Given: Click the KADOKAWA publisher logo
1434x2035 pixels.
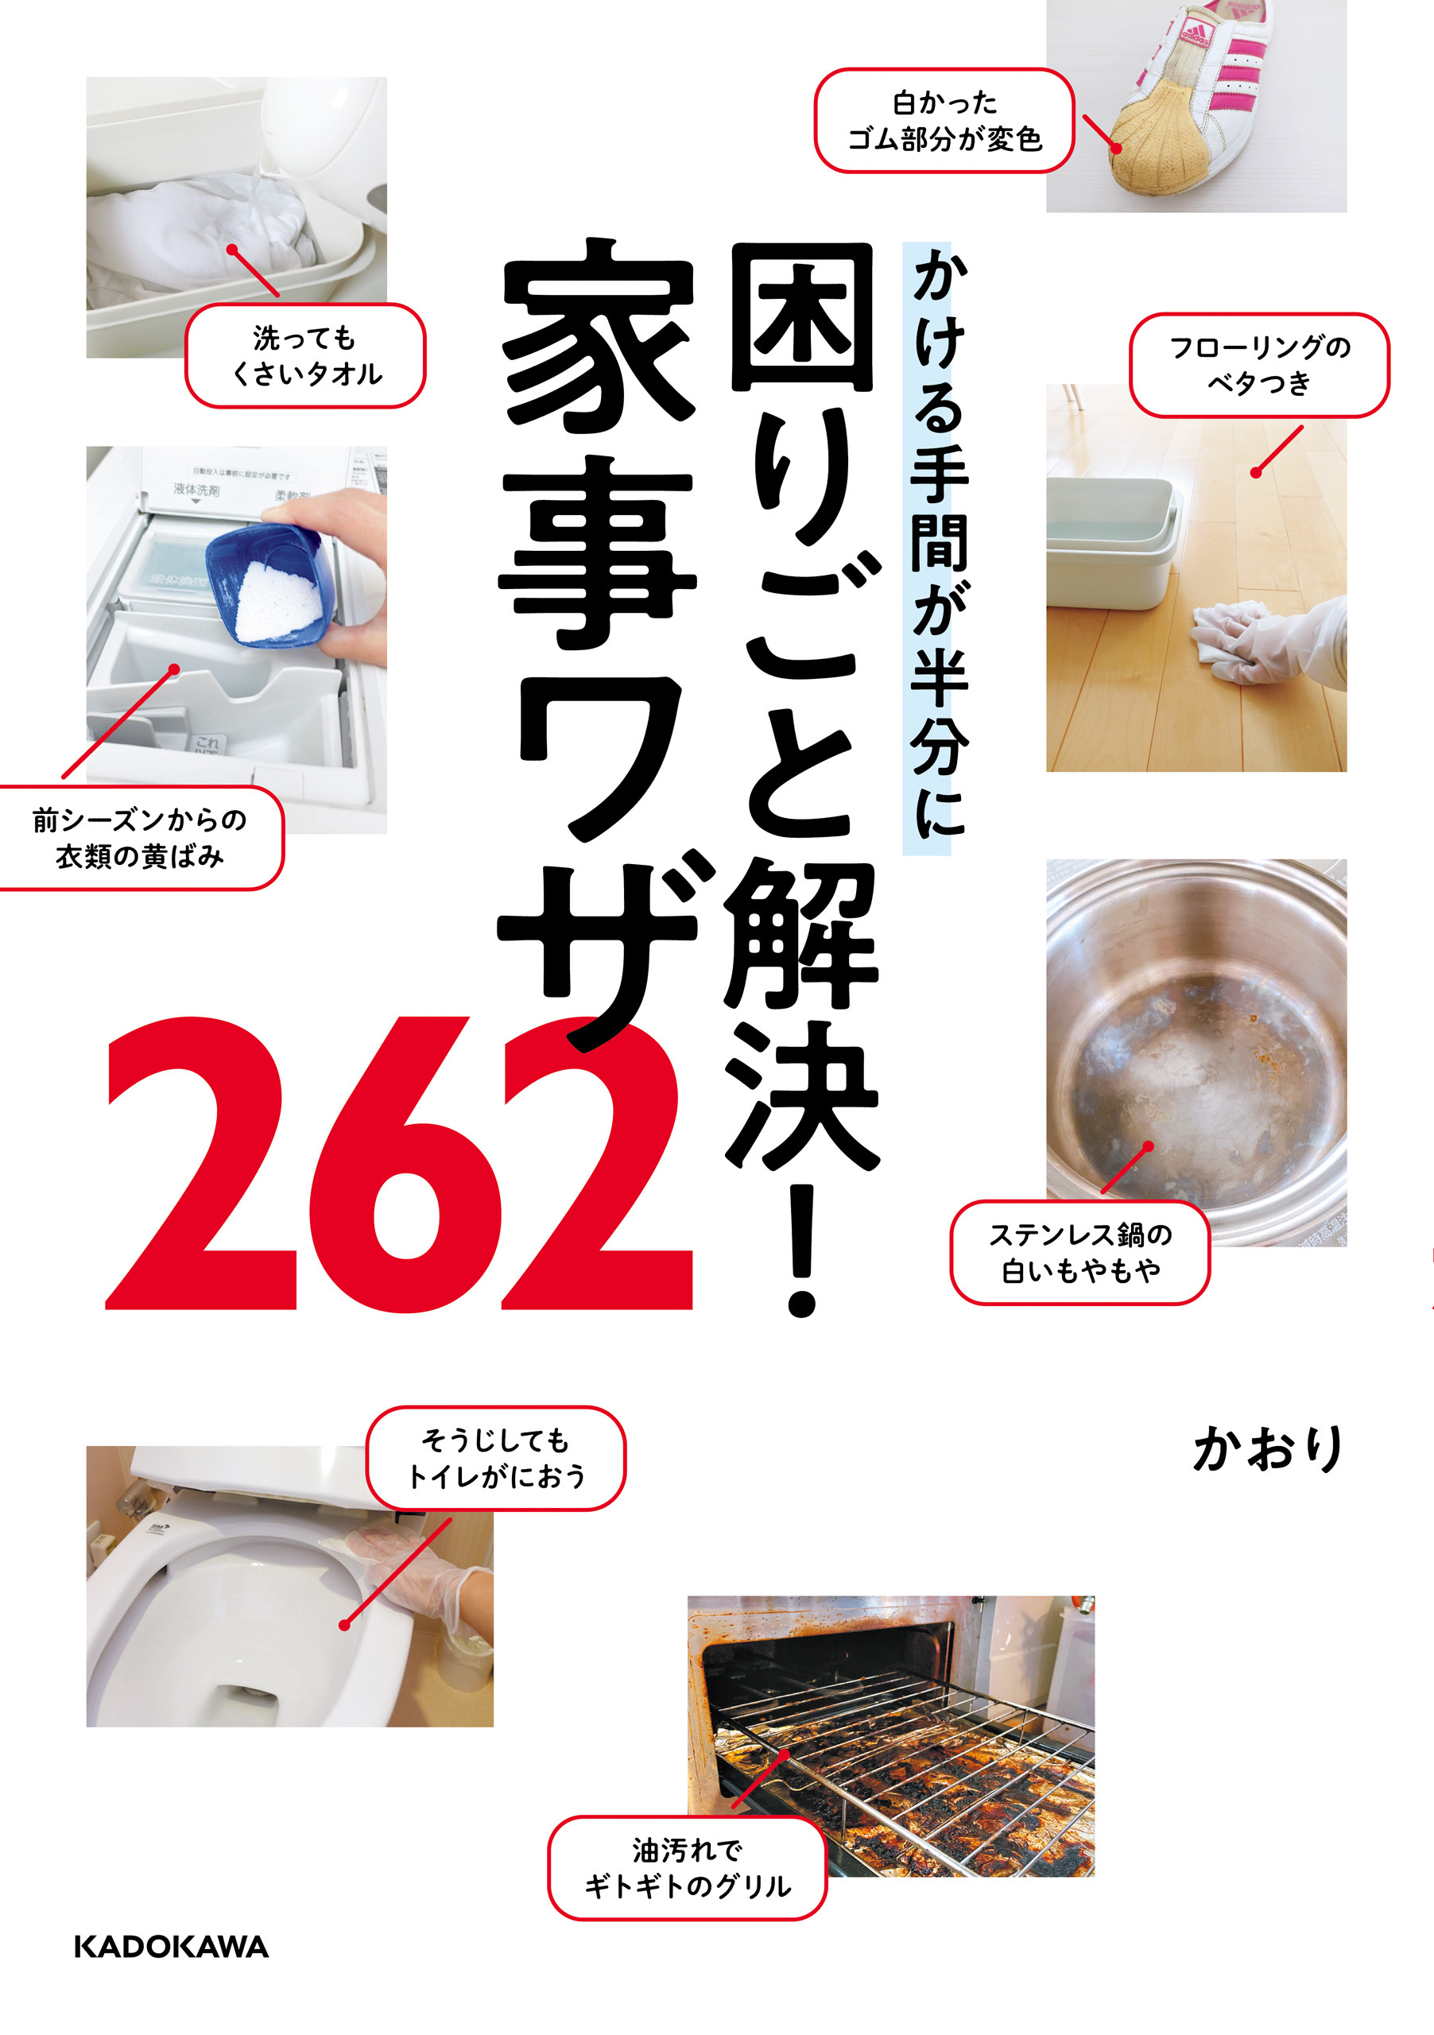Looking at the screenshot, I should tap(171, 1947).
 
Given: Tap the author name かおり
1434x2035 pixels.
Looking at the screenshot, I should tap(1269, 1450).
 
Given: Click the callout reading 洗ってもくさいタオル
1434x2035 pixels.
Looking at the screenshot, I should tap(305, 355).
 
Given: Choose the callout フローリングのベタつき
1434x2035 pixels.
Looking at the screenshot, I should tap(1258, 364).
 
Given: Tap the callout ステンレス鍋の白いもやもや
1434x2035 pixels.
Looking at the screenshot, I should tap(1079, 1252).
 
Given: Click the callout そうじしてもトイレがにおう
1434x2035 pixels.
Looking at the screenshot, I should tap(495, 1458).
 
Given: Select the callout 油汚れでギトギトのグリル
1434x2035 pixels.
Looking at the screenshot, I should tap(687, 1867).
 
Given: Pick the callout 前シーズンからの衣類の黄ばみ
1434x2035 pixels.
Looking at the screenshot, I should tap(140, 838).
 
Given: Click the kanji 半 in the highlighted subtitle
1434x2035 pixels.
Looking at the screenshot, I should tap(938, 678).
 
